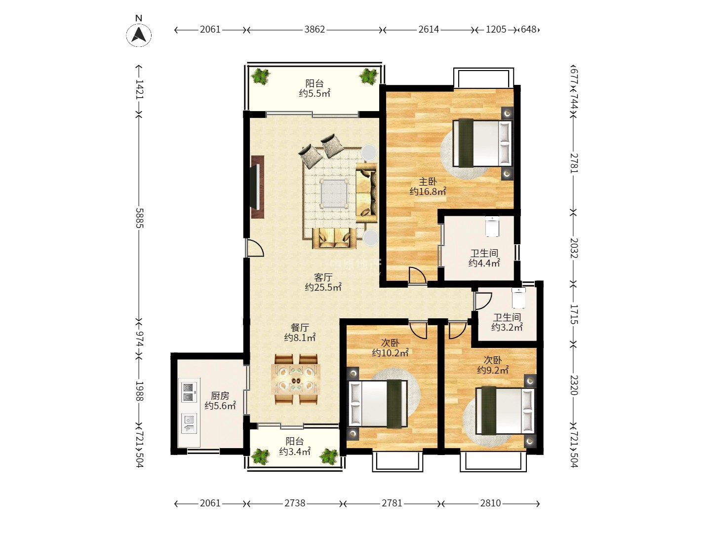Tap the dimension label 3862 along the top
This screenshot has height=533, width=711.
(314, 30)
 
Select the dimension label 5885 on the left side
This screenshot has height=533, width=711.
(139, 218)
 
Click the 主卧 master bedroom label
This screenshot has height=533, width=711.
(428, 182)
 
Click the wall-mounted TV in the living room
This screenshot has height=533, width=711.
(258, 187)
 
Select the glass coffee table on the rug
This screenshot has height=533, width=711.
(333, 193)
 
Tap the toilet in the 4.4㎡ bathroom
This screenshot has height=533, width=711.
(492, 226)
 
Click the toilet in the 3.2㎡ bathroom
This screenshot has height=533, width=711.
(518, 298)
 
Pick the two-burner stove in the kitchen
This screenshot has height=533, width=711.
(189, 392)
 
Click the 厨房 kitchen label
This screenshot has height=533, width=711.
(220, 395)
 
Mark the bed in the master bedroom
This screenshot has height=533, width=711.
(482, 143)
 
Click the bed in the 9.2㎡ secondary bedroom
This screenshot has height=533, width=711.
(505, 410)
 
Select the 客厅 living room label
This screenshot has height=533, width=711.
(323, 277)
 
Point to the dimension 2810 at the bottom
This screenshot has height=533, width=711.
(490, 503)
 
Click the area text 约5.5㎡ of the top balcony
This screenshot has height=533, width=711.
(314, 94)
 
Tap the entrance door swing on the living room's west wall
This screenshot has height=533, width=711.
(255, 248)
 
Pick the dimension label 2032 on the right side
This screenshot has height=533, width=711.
(574, 248)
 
